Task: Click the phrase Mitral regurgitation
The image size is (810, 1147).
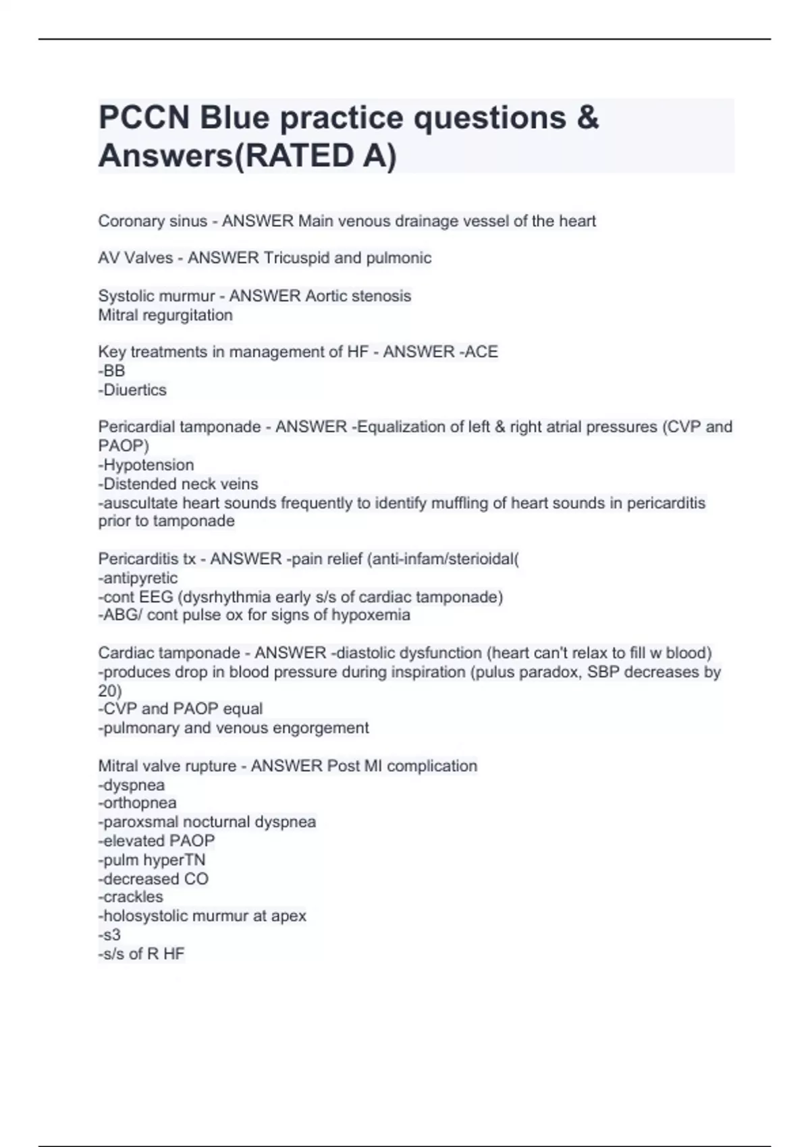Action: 165,315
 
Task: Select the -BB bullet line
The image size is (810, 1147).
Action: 112,370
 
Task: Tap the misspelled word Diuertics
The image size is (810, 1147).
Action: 135,390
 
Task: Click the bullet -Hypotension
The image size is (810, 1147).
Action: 146,465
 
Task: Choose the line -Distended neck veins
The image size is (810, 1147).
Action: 178,484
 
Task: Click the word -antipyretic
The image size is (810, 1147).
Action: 138,578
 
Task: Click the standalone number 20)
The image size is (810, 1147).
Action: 110,691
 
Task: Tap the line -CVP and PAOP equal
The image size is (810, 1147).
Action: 181,709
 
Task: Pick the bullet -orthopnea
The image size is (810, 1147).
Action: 138,803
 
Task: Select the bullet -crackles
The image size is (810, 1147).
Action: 131,897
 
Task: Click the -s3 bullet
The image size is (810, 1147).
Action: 110,934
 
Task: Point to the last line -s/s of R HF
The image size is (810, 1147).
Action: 142,953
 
